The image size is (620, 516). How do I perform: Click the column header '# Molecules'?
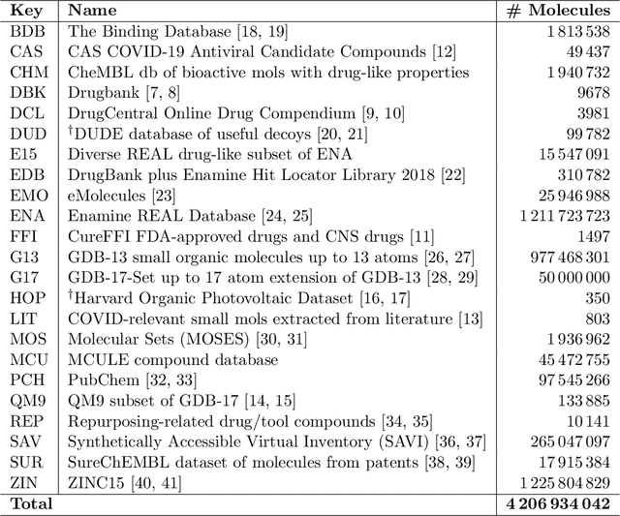coord(558,11)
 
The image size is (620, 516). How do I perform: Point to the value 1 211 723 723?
coord(555,215)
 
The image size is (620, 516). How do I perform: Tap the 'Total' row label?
coord(32,503)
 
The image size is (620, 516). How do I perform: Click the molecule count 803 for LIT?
coord(597,318)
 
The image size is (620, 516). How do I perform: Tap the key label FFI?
coord(22,235)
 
